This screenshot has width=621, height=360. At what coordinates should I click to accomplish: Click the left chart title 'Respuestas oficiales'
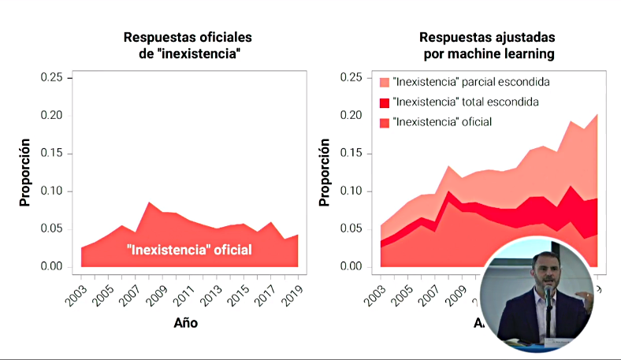tap(188, 37)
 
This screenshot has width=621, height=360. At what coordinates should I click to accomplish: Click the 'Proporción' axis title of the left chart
tap(24, 173)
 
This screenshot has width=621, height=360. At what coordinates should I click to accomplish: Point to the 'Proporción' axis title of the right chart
tap(323, 173)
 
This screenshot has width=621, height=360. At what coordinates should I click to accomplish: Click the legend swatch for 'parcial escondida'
tap(385, 82)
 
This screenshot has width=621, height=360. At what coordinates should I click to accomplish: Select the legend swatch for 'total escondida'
tap(385, 102)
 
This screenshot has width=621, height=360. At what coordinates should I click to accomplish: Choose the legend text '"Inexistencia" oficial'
tap(442, 122)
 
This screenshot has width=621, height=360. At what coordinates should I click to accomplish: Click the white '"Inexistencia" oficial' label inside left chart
tap(189, 251)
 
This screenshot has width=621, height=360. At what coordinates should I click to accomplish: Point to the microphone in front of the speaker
tap(548, 295)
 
